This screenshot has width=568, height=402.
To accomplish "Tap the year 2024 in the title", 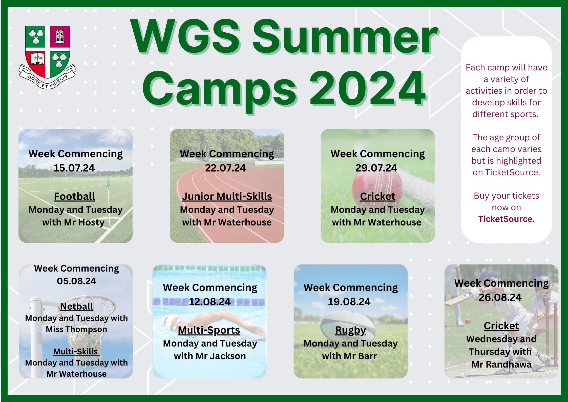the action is click(367, 89).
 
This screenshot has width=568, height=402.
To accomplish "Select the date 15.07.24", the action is click(74, 168).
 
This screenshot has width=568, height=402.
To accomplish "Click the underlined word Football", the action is click(74, 196).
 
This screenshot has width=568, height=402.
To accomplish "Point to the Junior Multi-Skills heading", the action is click(227, 197).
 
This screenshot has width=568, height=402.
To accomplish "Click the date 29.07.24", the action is click(376, 168).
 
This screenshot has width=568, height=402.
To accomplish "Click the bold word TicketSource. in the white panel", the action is click(506, 219).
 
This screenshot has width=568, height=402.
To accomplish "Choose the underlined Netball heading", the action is click(76, 307).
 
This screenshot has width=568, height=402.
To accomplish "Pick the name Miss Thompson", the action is click(76, 329).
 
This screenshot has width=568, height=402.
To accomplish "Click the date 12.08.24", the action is click(210, 302).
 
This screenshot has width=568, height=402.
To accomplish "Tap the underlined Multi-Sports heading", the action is click(209, 330).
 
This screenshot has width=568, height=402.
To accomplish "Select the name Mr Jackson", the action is click(221, 356).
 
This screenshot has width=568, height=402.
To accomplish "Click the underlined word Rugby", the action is click(351, 330).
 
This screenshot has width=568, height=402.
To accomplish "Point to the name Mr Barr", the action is click(363, 356).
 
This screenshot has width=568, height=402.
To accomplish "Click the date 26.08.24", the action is click(500, 297).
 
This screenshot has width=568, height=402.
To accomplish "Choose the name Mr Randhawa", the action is click(501, 365).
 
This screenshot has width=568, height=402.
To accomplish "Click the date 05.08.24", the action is click(76, 281).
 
